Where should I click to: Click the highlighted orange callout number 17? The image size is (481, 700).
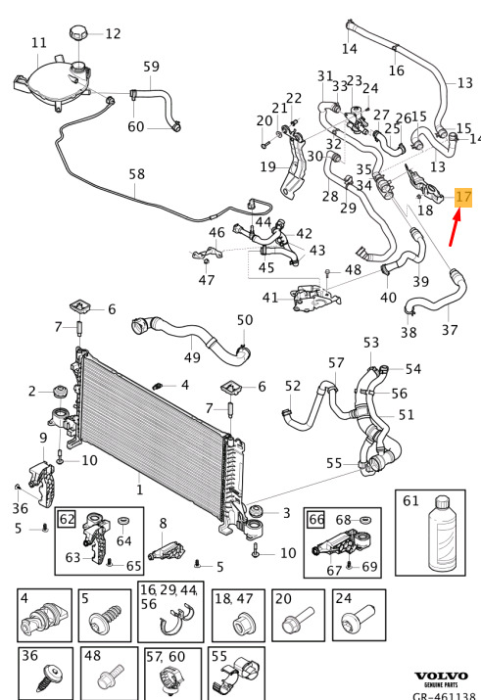click(463, 198)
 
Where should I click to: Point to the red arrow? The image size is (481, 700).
click(455, 228)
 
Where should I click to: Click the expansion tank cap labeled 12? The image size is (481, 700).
click(77, 33)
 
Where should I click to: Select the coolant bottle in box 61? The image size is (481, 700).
click(442, 535)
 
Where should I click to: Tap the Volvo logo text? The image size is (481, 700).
click(441, 677)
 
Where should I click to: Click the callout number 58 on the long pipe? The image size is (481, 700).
click(137, 173)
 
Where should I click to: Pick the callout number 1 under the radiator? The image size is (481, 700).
click(140, 490)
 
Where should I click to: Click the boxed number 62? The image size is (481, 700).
click(67, 519)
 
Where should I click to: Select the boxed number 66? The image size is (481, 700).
click(316, 519)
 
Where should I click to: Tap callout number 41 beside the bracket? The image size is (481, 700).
click(270, 298)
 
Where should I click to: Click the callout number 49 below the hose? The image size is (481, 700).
click(192, 357)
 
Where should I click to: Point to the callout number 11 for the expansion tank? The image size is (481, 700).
click(39, 42)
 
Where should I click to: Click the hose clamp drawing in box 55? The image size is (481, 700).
click(236, 675)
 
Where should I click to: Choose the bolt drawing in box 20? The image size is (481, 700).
click(298, 620)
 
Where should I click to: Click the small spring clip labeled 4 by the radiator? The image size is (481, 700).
click(157, 386)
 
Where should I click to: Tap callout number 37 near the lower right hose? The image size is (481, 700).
click(450, 330)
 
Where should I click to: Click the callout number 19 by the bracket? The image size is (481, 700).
click(268, 167)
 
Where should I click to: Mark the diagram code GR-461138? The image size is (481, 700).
click(444, 695)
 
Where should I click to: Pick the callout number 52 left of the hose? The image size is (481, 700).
click(293, 386)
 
